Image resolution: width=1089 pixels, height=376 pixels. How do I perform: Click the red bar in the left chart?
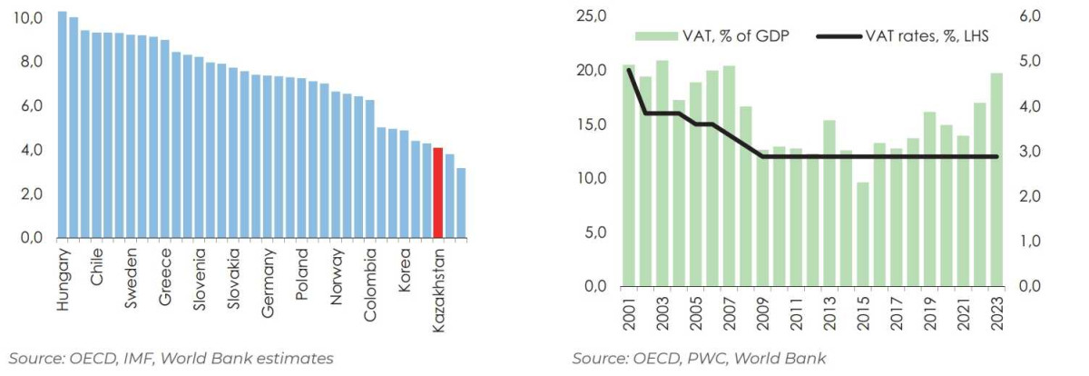pyautogui.click(x=438, y=193)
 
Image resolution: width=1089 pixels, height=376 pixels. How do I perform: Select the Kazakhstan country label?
pyautogui.click(x=438, y=289)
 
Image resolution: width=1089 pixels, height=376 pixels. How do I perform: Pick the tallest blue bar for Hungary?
pyautogui.click(x=63, y=125)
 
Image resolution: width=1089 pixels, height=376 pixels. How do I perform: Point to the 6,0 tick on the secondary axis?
pyautogui.click(x=1038, y=16)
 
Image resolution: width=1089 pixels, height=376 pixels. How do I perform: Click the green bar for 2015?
pyautogui.click(x=861, y=234)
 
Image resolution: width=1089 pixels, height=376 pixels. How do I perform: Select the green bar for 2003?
pyautogui.click(x=662, y=173)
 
